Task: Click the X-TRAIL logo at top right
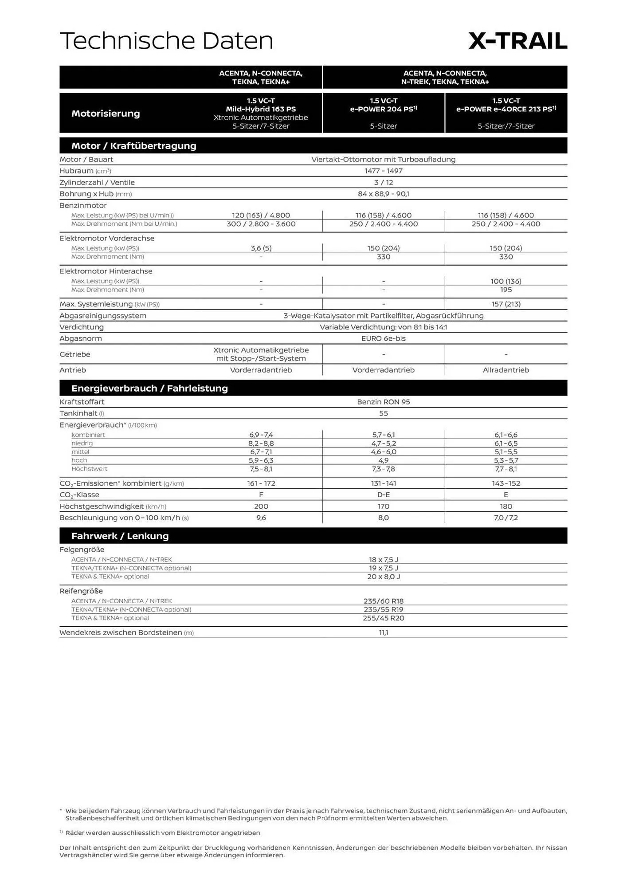point(517,41)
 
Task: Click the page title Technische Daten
point(166,41)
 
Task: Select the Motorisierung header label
point(106,113)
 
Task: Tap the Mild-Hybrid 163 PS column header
point(261,109)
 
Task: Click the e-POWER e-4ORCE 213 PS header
point(506,109)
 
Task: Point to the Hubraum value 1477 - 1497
point(384,171)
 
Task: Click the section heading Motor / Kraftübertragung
point(133,145)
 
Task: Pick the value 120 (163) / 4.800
point(261,215)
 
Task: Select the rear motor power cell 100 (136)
point(506,281)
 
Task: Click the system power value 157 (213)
point(506,304)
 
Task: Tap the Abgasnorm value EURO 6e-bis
point(384,338)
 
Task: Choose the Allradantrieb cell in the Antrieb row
point(506,370)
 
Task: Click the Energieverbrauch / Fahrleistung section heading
point(149,388)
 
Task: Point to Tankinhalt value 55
point(384,413)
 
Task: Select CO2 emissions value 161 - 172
point(261,483)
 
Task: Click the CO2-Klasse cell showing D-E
point(384,495)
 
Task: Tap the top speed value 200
point(261,506)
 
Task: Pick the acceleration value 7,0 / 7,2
point(506,518)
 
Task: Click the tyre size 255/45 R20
point(384,618)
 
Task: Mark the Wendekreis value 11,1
point(384,633)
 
